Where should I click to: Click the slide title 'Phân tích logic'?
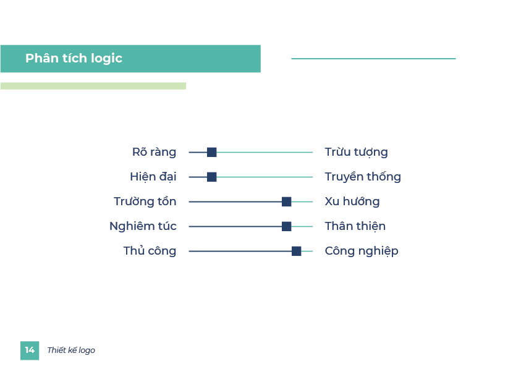click(74, 59)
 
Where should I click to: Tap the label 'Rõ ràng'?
click(154, 152)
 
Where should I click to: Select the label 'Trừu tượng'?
click(356, 152)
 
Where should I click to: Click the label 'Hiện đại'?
click(153, 177)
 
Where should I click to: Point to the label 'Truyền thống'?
click(363, 177)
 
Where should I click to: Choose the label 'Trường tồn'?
click(145, 201)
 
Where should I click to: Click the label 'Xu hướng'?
click(352, 201)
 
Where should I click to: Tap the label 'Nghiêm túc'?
click(143, 226)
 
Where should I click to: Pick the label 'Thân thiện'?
click(355, 226)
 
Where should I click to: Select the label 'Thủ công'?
click(150, 251)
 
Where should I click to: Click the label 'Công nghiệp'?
click(362, 251)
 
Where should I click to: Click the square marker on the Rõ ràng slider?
click(211, 152)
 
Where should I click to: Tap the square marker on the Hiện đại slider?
click(211, 177)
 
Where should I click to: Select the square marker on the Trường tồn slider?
click(286, 201)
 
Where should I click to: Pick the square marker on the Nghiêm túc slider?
click(286, 226)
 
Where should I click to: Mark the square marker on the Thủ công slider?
click(297, 251)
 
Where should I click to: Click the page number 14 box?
click(30, 350)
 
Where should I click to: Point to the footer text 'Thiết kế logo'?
click(71, 350)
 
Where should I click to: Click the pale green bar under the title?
click(93, 86)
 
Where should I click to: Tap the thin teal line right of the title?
click(373, 59)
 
